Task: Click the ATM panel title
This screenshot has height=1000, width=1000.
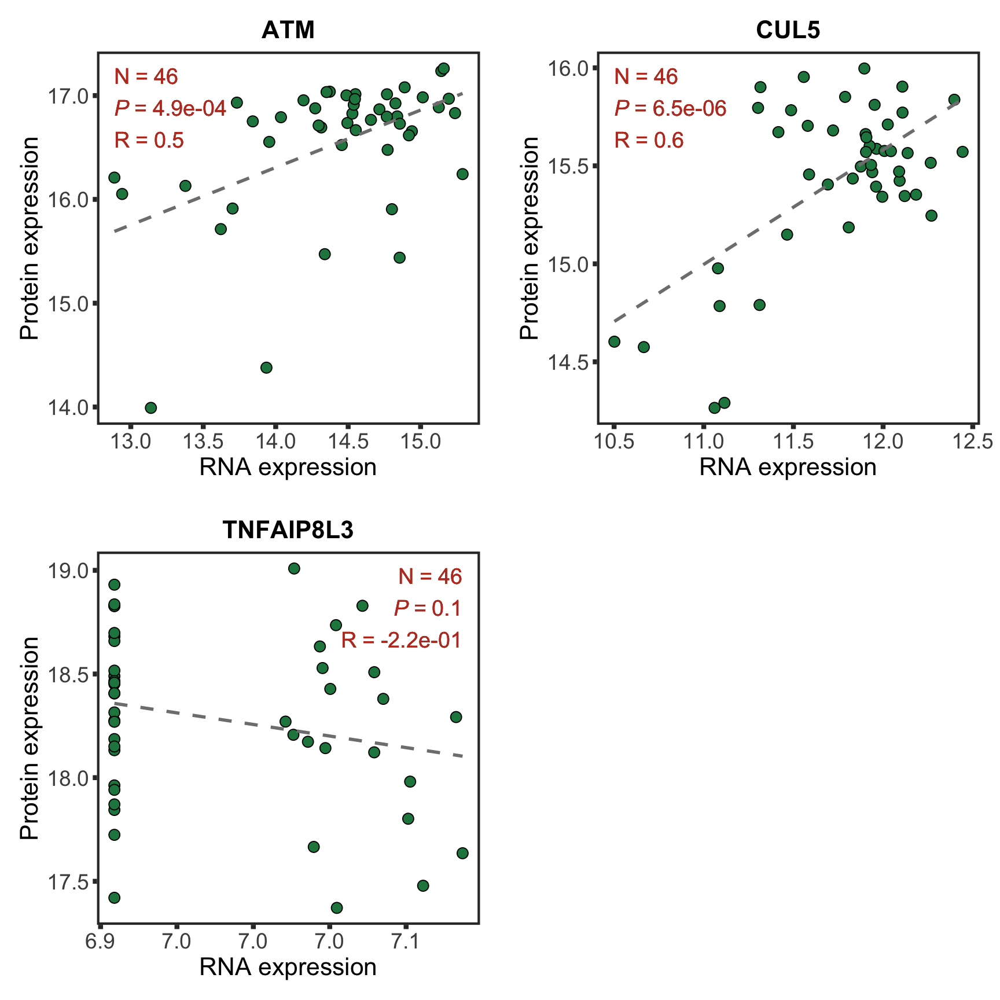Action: click(x=288, y=30)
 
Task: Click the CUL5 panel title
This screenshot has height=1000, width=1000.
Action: click(x=788, y=30)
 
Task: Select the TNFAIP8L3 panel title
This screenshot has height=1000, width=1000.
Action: click(x=288, y=530)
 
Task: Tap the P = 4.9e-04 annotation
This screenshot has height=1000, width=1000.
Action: click(x=170, y=108)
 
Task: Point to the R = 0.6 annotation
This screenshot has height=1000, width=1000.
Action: click(x=649, y=140)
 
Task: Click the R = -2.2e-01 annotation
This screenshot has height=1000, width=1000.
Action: click(x=401, y=640)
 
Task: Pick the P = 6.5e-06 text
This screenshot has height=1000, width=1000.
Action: click(x=670, y=108)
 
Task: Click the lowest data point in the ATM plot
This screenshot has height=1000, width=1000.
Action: click(x=150, y=408)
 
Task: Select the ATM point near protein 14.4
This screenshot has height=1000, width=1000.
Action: click(x=266, y=367)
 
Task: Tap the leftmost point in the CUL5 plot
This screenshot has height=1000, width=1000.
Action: click(x=614, y=341)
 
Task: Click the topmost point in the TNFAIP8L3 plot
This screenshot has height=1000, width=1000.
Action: click(x=294, y=568)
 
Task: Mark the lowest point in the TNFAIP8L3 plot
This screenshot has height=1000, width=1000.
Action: click(x=336, y=908)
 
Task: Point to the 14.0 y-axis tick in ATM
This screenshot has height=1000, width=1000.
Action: click(x=69, y=407)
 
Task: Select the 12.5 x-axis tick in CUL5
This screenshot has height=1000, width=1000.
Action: click(x=972, y=442)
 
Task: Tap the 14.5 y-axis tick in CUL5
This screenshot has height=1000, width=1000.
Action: click(x=569, y=362)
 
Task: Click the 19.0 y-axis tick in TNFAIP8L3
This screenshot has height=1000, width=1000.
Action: click(x=69, y=571)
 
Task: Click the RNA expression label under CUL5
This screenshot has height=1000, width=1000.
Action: click(x=788, y=467)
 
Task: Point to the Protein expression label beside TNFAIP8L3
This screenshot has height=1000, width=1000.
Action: click(x=29, y=738)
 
